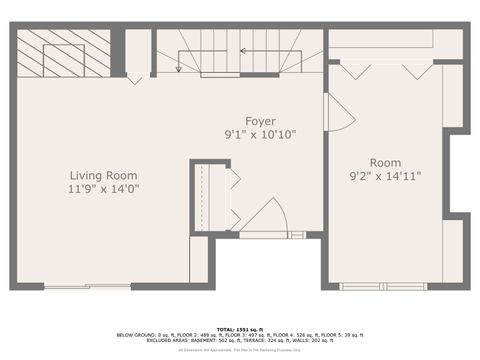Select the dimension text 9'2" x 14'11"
coord(385,176)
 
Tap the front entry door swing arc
coord(266,214)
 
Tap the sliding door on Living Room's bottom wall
coord(87,287)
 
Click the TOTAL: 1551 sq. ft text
coord(240,328)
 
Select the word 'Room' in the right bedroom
coord(385,163)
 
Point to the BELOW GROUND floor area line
coord(240,334)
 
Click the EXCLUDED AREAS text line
coord(240,340)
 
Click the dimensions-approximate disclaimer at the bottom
coord(240,349)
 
